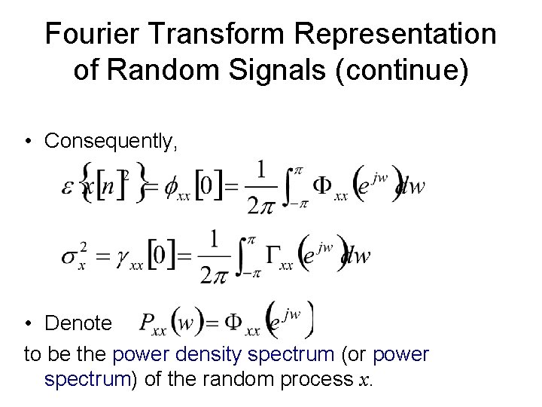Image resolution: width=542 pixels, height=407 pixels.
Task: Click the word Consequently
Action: tap(111, 140)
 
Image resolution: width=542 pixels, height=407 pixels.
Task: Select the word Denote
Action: tap(78, 323)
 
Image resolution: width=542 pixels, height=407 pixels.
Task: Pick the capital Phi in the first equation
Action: tap(322, 185)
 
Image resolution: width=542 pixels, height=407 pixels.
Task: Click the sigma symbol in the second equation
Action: tap(70, 256)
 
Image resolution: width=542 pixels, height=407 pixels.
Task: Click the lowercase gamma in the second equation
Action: tap(123, 258)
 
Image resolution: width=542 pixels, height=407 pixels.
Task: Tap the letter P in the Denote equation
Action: tap(148, 324)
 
